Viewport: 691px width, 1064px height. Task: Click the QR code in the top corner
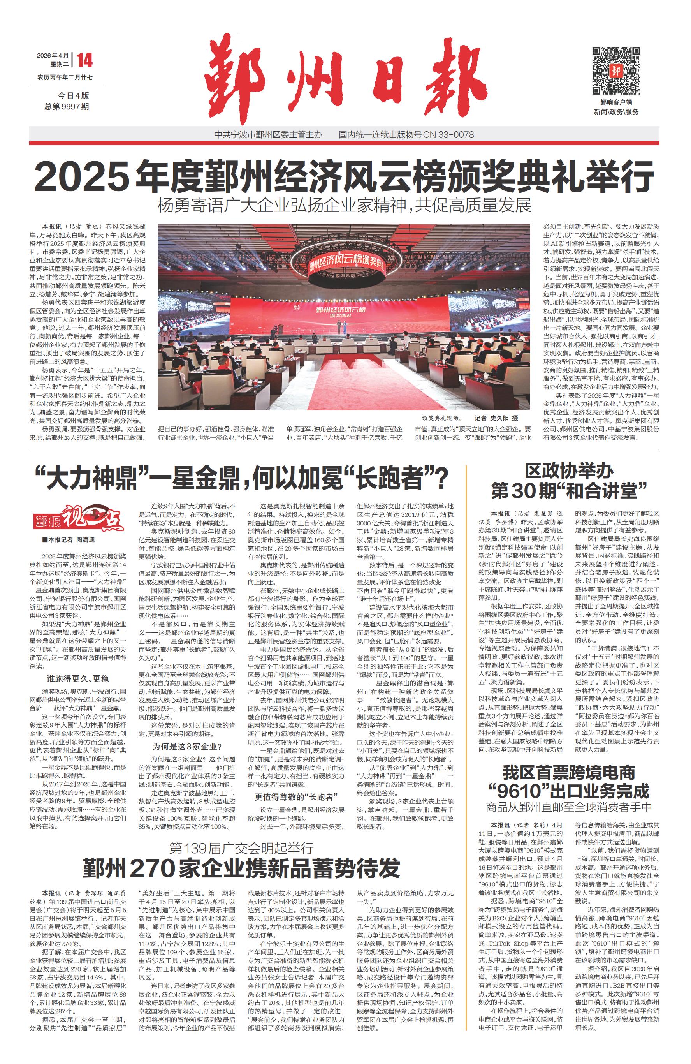(615, 70)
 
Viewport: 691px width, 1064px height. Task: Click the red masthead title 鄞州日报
(345, 78)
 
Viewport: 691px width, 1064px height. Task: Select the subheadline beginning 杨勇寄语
(344, 206)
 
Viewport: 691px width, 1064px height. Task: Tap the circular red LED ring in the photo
(345, 266)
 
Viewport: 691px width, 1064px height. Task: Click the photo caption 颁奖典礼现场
(441, 418)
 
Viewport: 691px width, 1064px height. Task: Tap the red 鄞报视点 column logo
(78, 519)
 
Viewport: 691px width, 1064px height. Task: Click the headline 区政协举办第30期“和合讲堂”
(569, 481)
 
